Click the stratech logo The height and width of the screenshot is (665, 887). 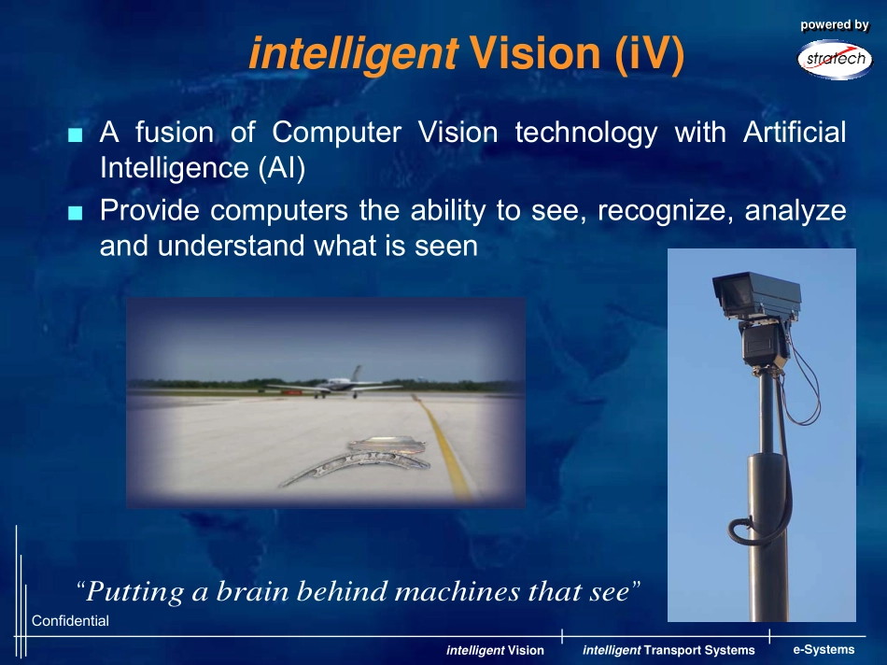point(835,60)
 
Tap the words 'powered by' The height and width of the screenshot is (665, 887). point(835,25)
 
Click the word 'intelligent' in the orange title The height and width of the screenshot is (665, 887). point(354,54)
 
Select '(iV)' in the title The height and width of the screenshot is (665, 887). point(650,54)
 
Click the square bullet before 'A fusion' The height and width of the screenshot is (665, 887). point(76,134)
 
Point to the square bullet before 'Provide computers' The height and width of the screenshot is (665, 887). point(76,213)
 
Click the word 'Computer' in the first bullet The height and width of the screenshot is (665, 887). point(336,133)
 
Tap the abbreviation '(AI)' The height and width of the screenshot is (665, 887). point(282,168)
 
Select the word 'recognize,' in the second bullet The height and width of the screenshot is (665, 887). point(665,211)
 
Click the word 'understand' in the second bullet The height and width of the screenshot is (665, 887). point(232,246)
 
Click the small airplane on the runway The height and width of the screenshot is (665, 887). point(335,383)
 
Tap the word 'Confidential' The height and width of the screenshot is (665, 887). point(70,621)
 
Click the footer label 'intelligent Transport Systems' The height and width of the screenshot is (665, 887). point(669,650)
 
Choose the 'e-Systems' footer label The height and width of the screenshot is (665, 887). point(824,650)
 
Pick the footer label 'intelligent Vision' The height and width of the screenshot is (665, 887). point(495,650)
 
